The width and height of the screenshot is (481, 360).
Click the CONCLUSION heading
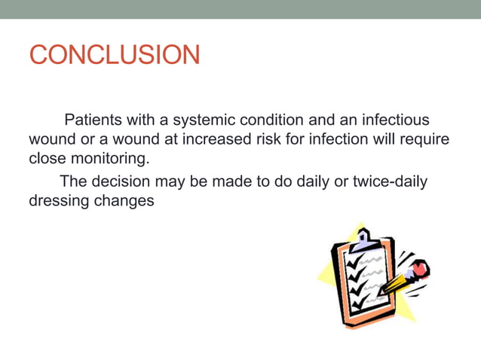[x=115, y=55]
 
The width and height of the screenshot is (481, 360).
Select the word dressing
[x=57, y=202]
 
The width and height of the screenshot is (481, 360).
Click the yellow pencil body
[x=397, y=282]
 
